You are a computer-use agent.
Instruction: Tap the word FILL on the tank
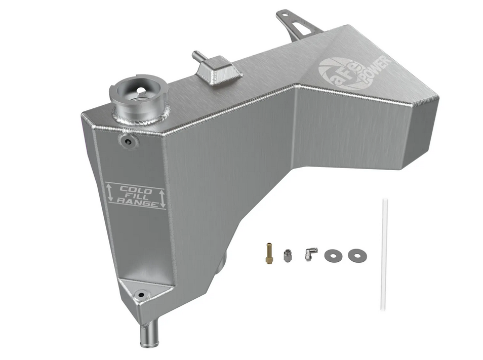[x=134, y=196]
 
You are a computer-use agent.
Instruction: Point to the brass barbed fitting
[x=268, y=254]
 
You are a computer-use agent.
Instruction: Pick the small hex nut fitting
[x=287, y=256]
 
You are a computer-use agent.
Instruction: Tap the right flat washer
[x=357, y=255]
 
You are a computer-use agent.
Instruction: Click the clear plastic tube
[x=384, y=255]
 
